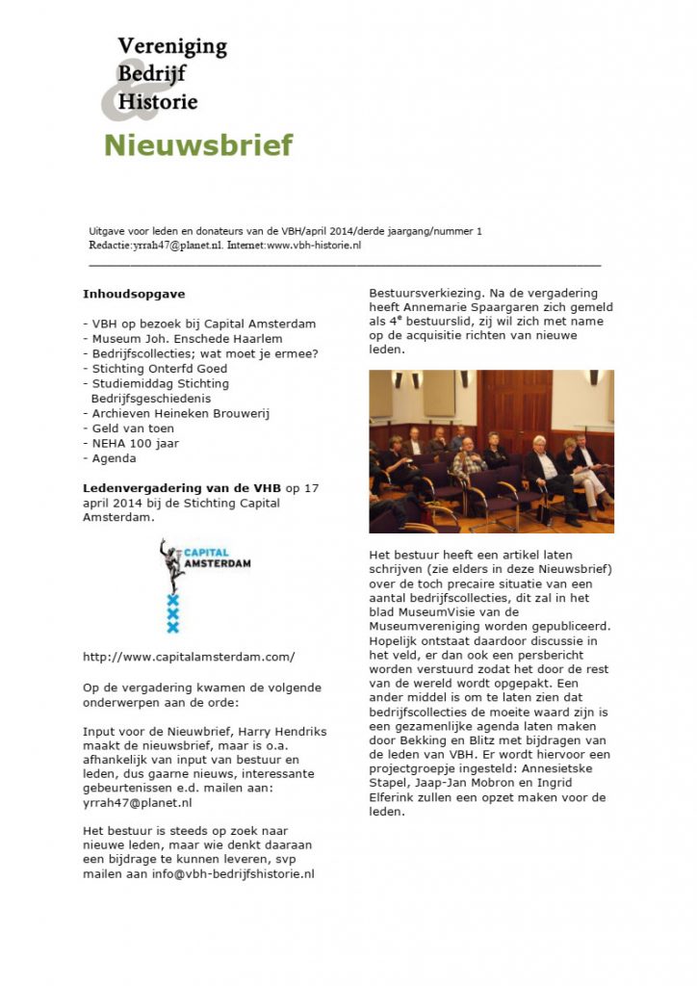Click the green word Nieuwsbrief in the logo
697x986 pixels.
pos(197,145)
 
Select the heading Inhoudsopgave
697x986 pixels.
pos(134,293)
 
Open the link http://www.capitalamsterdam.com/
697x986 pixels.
pos(189,657)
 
